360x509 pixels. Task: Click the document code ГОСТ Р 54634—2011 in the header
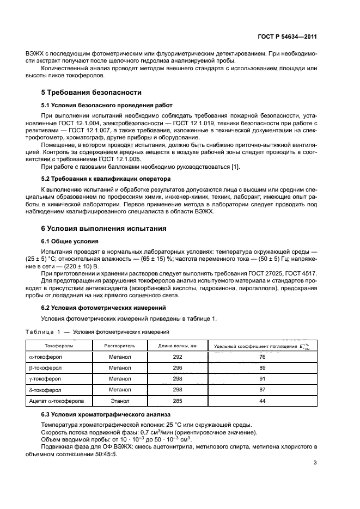[x=286, y=37]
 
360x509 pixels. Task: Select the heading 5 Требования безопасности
[x=91, y=93]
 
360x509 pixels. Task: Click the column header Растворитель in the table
[x=112, y=346]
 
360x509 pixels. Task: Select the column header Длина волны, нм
[x=177, y=346]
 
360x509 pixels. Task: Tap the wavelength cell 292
[x=177, y=357]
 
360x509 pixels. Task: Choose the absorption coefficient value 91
[x=262, y=379]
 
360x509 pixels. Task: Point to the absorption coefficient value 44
[x=262, y=401]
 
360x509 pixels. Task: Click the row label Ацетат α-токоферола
[x=56, y=401]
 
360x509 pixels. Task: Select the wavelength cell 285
[x=177, y=401]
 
